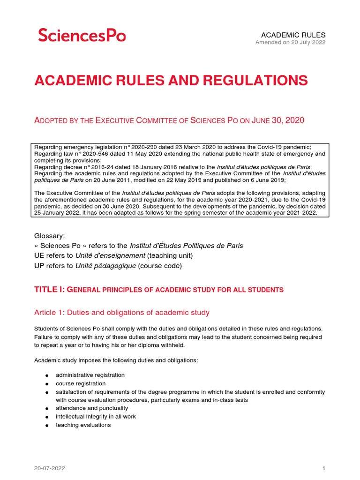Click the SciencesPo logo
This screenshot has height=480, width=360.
click(x=82, y=35)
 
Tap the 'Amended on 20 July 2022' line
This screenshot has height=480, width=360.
click(x=290, y=43)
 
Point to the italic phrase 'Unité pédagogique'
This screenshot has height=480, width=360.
click(x=105, y=266)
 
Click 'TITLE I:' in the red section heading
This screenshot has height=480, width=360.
click(x=49, y=290)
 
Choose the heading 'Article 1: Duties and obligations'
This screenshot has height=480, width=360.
click(x=122, y=312)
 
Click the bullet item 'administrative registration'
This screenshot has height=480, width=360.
click(x=90, y=375)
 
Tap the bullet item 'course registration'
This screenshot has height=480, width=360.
click(x=80, y=383)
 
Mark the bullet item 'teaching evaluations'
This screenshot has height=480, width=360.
click(x=83, y=425)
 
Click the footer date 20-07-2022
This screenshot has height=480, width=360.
click(x=49, y=468)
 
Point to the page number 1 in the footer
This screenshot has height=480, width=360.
click(x=323, y=468)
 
